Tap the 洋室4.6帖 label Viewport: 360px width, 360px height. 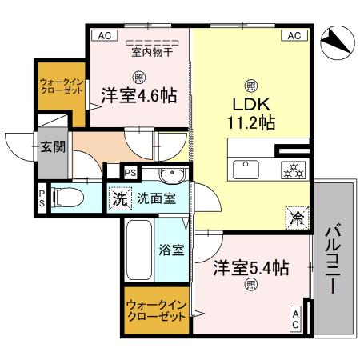click(138, 95)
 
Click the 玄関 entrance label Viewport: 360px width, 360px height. click(53, 146)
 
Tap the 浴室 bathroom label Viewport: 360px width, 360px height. click(171, 250)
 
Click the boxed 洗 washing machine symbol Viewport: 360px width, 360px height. click(119, 198)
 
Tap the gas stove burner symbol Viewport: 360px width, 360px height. click(292, 169)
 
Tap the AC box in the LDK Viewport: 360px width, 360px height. click(294, 35)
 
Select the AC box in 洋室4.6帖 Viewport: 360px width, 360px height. click(102, 35)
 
